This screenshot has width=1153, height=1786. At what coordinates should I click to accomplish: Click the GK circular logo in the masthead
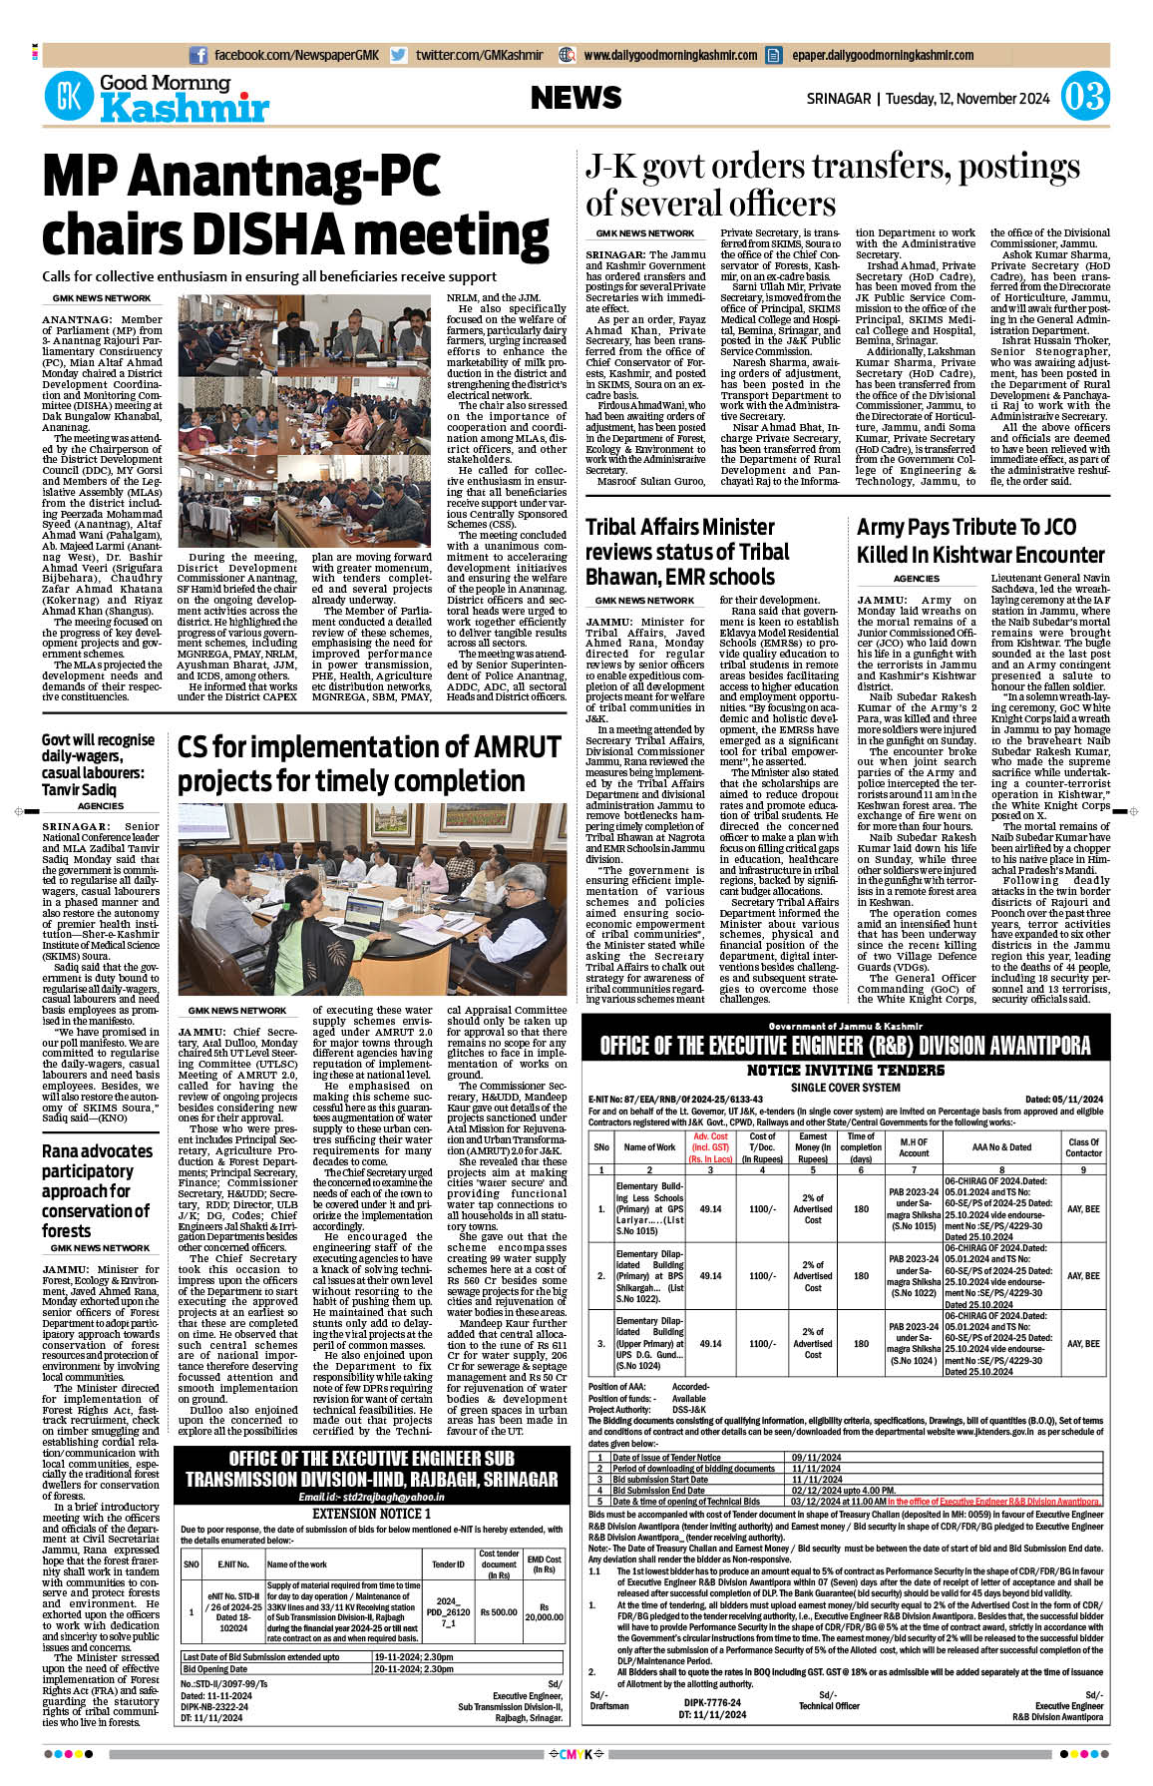click(x=69, y=98)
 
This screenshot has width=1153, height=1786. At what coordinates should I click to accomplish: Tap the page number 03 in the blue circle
click(x=1084, y=97)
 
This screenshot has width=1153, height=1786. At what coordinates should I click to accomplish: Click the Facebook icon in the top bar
click(x=198, y=55)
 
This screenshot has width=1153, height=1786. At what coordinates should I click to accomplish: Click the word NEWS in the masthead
click(x=576, y=98)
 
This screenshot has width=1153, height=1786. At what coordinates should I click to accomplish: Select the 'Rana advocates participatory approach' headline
click(x=97, y=1190)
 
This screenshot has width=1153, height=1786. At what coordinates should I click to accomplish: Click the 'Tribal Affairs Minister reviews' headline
click(x=686, y=552)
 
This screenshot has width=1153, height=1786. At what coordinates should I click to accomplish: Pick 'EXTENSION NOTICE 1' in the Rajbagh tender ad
click(x=371, y=1513)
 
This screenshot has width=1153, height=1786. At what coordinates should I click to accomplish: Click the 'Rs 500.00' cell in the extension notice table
click(x=498, y=1610)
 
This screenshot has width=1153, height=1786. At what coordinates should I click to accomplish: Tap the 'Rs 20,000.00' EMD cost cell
click(x=544, y=1611)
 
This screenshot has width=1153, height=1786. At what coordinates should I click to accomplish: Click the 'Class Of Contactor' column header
click(x=1083, y=1147)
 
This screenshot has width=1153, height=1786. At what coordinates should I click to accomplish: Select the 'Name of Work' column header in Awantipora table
click(x=649, y=1147)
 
